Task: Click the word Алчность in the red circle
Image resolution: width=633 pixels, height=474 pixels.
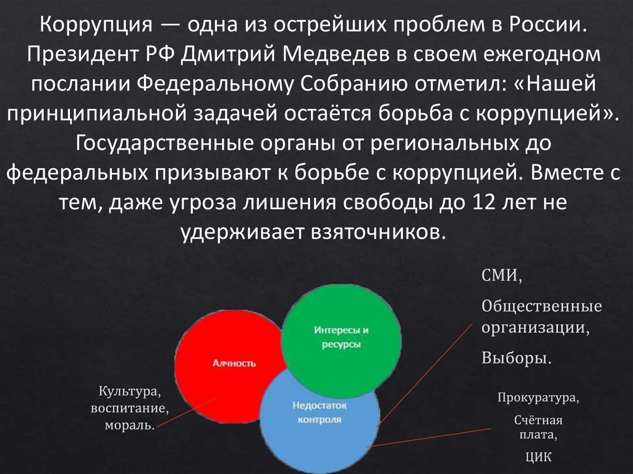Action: tap(234, 363)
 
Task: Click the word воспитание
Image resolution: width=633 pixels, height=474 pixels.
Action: tap(130, 408)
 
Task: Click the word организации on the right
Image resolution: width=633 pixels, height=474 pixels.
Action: tap(536, 328)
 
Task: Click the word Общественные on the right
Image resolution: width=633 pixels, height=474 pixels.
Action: tap(542, 307)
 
